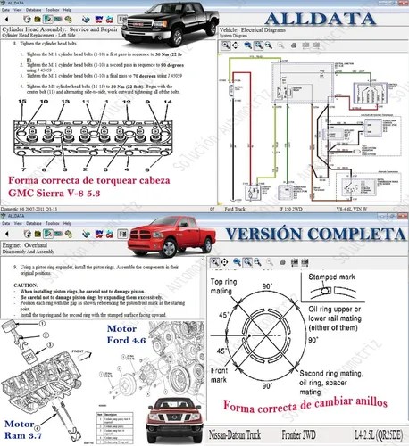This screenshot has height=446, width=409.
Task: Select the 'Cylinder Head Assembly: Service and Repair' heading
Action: (72, 29)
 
